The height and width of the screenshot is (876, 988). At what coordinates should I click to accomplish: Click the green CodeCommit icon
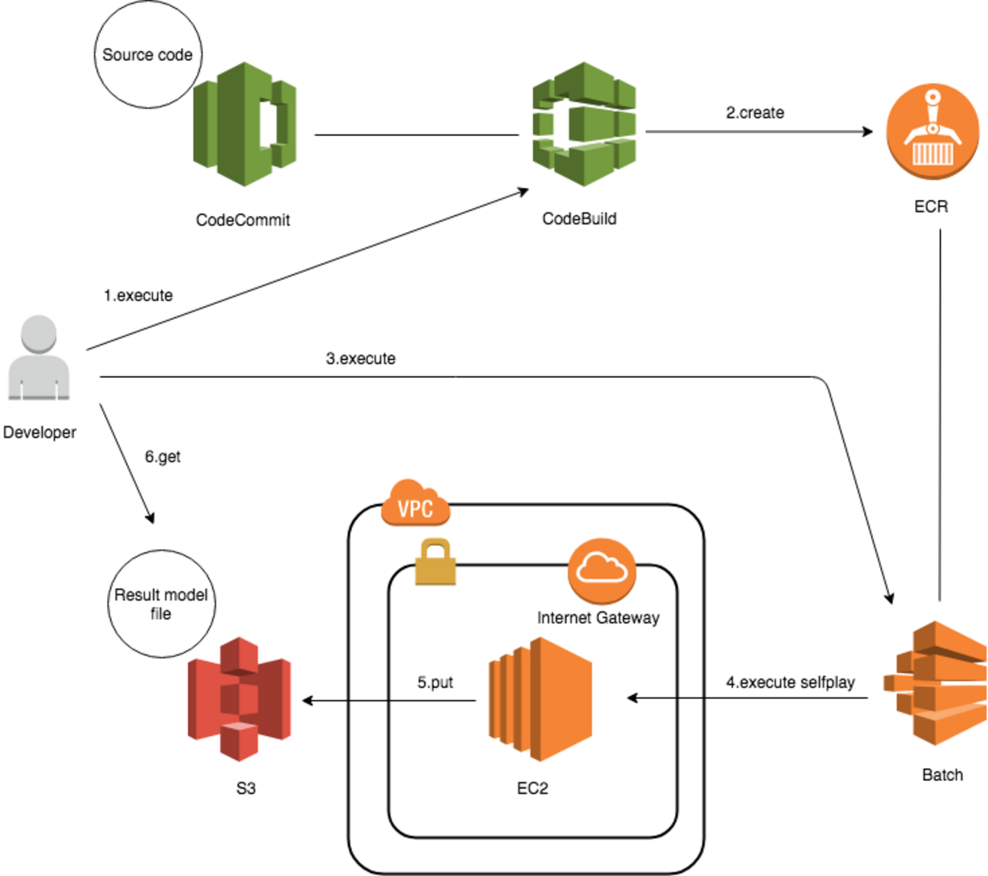click(x=245, y=125)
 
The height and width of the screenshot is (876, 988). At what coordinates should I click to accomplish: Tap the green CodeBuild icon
click(x=584, y=124)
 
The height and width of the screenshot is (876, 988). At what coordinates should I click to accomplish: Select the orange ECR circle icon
click(x=932, y=132)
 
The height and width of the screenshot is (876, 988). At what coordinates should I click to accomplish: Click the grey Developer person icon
click(x=39, y=357)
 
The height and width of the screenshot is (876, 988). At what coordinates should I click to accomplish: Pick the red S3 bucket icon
click(x=239, y=699)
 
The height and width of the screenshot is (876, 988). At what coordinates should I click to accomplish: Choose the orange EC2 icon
click(x=540, y=699)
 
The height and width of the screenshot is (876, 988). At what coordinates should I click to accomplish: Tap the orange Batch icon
click(x=937, y=682)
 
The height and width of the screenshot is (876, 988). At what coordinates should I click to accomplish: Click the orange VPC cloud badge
click(x=415, y=504)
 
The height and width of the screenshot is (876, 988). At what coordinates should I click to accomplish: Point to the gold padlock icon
click(x=435, y=562)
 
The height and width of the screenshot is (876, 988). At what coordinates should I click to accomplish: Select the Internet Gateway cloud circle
click(x=601, y=570)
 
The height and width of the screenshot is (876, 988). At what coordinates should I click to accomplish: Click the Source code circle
click(x=147, y=55)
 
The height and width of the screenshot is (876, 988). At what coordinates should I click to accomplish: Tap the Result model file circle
click(x=161, y=604)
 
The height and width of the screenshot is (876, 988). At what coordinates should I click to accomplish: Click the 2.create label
click(x=755, y=113)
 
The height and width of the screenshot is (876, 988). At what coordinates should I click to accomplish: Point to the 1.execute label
click(x=138, y=295)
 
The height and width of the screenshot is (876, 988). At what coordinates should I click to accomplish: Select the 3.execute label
click(x=360, y=358)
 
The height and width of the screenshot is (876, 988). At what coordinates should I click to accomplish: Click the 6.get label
click(x=163, y=456)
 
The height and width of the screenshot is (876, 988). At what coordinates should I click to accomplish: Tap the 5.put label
click(x=435, y=682)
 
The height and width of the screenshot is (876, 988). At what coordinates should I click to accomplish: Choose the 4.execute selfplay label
click(x=790, y=682)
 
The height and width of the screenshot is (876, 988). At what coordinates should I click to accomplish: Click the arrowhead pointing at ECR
click(x=868, y=132)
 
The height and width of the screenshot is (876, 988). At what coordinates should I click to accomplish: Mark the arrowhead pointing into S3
click(x=308, y=700)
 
